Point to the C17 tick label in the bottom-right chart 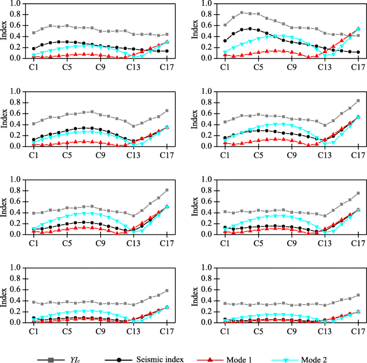[x=357, y=332]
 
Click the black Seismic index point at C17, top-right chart [x=357, y=53]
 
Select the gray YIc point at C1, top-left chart [x=34, y=33]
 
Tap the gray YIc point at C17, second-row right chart [x=357, y=101]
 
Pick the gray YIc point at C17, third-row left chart [x=167, y=190]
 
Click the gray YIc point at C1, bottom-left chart [x=34, y=302]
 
